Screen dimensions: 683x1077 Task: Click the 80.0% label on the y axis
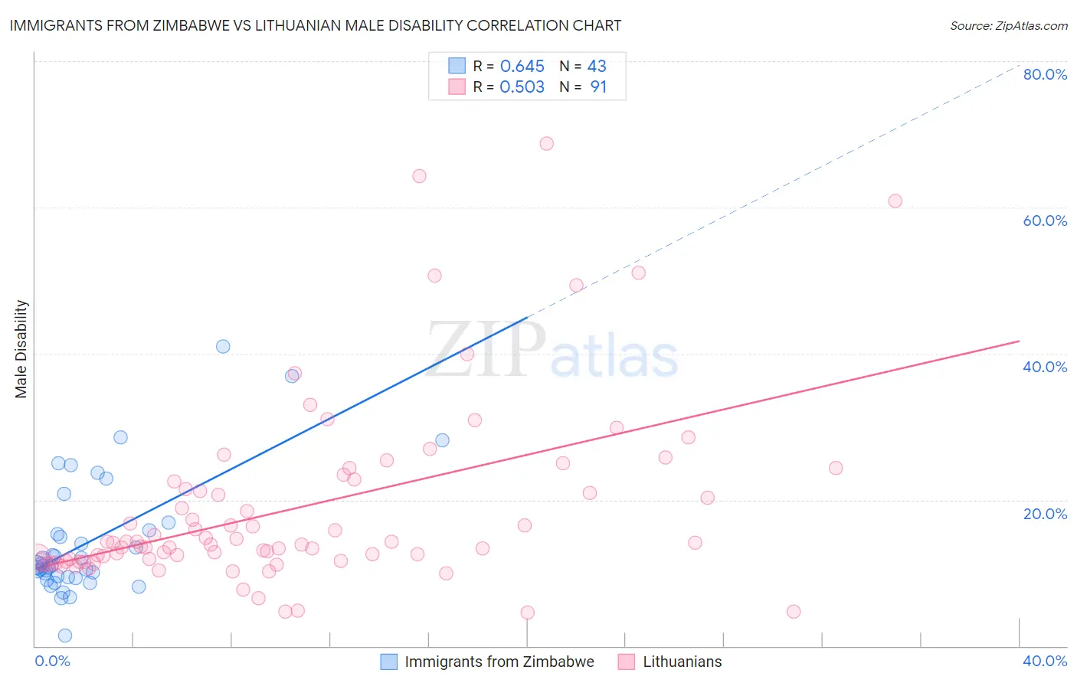(1045, 74)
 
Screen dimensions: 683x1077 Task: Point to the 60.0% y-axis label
(1045, 221)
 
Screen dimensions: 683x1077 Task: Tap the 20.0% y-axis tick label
(1045, 514)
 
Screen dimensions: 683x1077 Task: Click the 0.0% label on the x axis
(52, 661)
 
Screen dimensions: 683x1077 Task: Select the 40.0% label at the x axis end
(1045, 661)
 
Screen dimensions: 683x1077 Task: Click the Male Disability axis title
(21, 349)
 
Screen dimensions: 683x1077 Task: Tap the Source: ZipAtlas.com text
(1008, 25)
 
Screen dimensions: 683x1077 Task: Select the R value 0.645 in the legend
(522, 67)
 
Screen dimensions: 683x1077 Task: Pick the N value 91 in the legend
(598, 87)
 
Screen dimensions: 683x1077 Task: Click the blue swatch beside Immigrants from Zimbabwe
(389, 662)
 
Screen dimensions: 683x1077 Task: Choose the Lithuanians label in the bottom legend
(682, 662)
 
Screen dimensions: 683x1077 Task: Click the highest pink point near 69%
(546, 143)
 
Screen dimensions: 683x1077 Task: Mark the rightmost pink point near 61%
(895, 201)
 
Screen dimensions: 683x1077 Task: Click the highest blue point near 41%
(223, 346)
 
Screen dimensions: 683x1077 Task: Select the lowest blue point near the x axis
(65, 636)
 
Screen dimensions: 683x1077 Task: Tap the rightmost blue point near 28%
(442, 440)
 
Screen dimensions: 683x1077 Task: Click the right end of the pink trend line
(1019, 341)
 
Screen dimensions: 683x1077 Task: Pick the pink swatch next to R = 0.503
(457, 87)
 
